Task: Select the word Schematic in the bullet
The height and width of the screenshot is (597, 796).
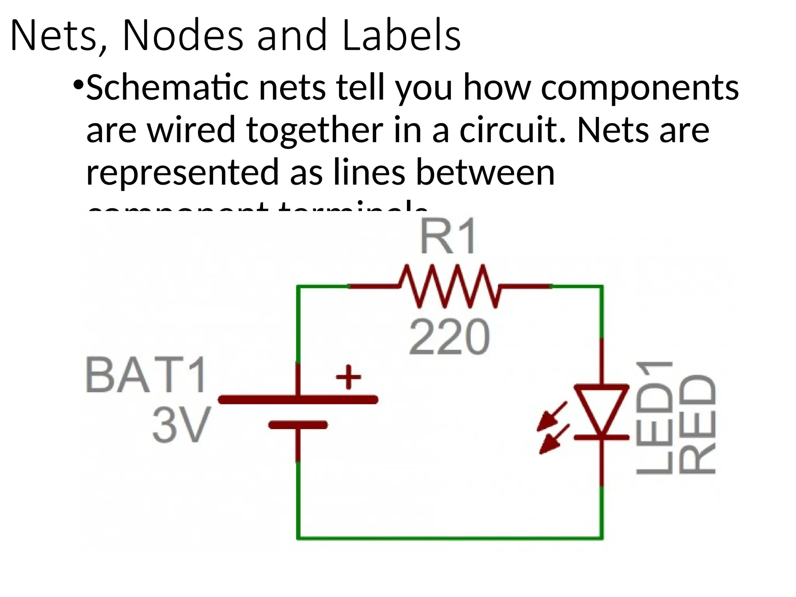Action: coord(167,88)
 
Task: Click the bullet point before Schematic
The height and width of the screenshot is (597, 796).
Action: coord(78,84)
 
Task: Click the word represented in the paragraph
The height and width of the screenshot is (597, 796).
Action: coord(183,173)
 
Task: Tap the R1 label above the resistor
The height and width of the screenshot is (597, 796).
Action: coord(448,237)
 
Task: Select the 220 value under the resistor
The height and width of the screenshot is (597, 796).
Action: coord(449,337)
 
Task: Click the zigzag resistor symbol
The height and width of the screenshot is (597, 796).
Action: coord(449,286)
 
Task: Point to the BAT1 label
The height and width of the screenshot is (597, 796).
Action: coord(146,375)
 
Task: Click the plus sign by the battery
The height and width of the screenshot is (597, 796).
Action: coord(348,377)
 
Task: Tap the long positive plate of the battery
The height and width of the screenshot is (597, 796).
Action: coord(298,400)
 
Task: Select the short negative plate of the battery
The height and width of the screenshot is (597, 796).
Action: coord(298,425)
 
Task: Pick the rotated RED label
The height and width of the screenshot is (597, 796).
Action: coord(697,424)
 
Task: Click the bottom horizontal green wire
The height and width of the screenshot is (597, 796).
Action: coord(449,538)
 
